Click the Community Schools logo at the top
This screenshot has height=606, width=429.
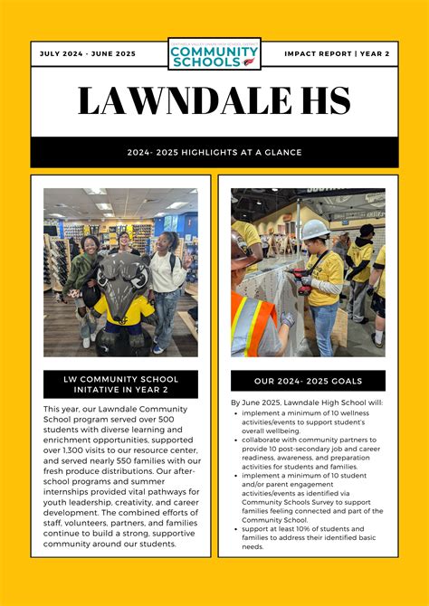coord(214,54)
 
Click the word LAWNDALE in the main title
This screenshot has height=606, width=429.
coord(185,101)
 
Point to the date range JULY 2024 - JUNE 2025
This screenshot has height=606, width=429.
coord(88,54)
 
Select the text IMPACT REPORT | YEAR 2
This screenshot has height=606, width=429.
coord(337,54)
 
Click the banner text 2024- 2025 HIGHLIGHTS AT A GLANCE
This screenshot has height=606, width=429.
coord(214,153)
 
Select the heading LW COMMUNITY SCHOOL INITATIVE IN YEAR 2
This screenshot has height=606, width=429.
coord(120,384)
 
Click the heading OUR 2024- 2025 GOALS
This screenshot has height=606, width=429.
coord(308,381)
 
